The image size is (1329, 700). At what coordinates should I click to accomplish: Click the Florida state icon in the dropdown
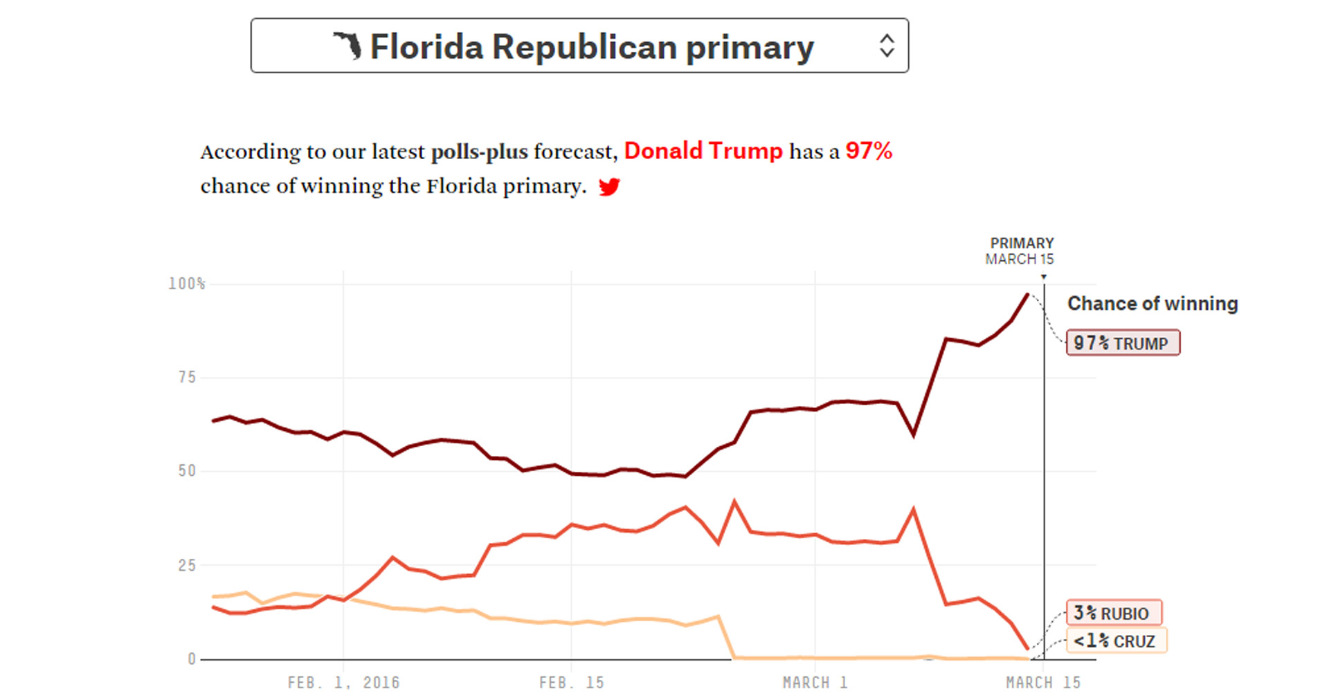coord(348,46)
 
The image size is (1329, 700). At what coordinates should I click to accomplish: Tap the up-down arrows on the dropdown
coord(887,46)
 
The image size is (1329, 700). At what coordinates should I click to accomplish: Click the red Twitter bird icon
coord(609,187)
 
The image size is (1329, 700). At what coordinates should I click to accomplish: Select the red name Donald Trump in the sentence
coord(703,151)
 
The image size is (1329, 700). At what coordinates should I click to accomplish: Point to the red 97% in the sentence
coord(869,151)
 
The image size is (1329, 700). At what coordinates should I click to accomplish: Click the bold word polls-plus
coord(479,152)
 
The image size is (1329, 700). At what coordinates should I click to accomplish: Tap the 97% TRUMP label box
coord(1123,343)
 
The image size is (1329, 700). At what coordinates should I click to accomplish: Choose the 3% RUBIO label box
coord(1114,613)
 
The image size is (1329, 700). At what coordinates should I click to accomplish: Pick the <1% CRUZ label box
coord(1116,641)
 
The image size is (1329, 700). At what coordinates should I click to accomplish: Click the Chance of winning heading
coord(1152,304)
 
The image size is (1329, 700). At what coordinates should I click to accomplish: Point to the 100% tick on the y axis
coord(187,284)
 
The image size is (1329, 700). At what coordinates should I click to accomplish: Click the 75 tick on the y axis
coord(187,378)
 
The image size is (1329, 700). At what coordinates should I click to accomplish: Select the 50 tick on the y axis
coord(187,471)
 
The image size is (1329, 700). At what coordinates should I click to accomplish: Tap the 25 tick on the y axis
coord(187,565)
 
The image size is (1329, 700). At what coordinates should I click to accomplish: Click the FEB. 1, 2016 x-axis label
coord(343,683)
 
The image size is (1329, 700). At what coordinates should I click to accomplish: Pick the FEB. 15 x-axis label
coord(571,683)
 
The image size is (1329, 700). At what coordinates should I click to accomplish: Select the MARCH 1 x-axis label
coord(815,683)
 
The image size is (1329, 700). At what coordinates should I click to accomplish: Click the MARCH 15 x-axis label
coord(1042,683)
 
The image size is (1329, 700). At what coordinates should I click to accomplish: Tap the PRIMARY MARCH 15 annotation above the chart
coord(1020,251)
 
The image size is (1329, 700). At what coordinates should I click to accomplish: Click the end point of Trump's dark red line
coord(1028,295)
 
